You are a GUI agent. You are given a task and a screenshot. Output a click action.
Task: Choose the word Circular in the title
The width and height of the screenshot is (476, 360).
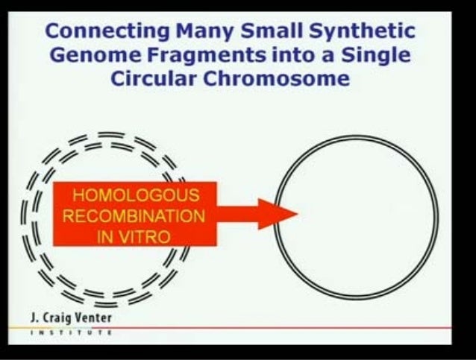pyautogui.click(x=154, y=79)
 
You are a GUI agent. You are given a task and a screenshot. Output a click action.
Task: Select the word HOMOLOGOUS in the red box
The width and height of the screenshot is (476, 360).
pyautogui.click(x=135, y=198)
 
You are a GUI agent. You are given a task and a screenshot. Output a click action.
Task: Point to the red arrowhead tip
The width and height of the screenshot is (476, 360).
pyautogui.click(x=296, y=215)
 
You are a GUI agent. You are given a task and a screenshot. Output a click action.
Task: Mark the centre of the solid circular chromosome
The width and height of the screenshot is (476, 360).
pyautogui.click(x=357, y=217)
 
